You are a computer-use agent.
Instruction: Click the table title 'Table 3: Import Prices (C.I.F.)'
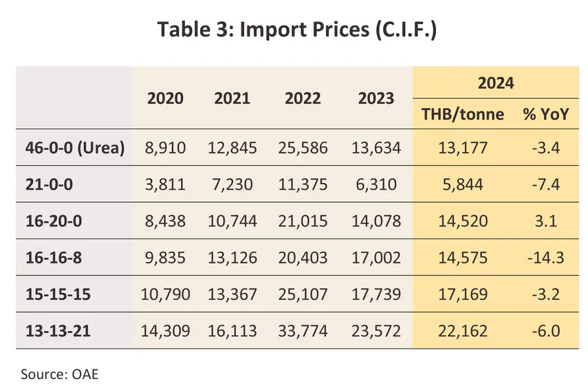(296, 30)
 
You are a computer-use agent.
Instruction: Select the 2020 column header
(165, 98)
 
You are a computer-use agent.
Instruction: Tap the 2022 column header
(303, 98)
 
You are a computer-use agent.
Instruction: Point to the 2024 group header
(497, 84)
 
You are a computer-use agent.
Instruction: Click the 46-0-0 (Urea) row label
(70, 147)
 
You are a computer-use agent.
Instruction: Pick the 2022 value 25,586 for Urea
(303, 147)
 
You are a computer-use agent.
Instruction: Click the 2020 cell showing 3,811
(165, 184)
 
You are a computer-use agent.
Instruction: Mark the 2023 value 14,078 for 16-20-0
(375, 222)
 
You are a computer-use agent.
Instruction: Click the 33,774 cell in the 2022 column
(303, 332)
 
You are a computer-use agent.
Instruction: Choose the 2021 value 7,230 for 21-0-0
(232, 184)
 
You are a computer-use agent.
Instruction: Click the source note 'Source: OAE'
(61, 374)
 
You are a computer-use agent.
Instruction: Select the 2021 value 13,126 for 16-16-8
(232, 258)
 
